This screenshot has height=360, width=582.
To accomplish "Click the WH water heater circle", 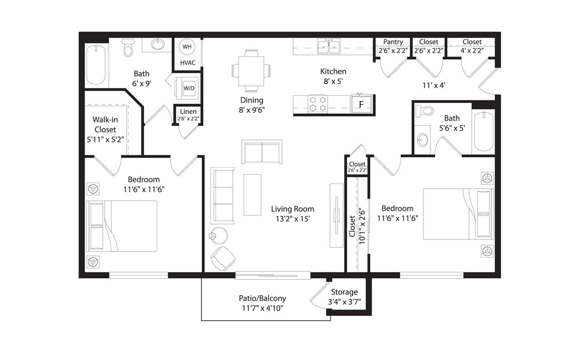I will click(x=186, y=47).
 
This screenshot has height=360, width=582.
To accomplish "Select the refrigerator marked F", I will click(x=361, y=104).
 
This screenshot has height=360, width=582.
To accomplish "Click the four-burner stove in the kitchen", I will click(x=318, y=104).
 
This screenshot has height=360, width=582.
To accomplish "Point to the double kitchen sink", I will click(x=329, y=46).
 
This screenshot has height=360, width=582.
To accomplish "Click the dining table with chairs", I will click(x=251, y=71).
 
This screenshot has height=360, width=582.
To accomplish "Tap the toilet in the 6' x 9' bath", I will click(x=128, y=47).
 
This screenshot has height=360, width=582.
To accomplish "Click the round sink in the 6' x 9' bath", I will click(x=158, y=45).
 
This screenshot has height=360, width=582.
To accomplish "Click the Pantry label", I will click(x=393, y=42).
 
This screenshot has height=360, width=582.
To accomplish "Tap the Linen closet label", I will click(x=188, y=112).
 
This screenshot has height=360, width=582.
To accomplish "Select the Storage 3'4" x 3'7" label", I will click(x=345, y=297).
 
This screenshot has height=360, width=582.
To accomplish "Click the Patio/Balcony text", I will click(x=262, y=298).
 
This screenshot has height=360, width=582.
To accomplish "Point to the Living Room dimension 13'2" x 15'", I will click(x=292, y=219).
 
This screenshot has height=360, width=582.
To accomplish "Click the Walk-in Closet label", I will click(x=105, y=124).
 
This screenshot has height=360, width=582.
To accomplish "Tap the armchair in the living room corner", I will click(x=222, y=258).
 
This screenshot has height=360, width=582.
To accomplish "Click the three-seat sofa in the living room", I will click(x=222, y=195).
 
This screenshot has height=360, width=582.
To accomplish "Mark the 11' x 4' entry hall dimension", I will click(x=434, y=85).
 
